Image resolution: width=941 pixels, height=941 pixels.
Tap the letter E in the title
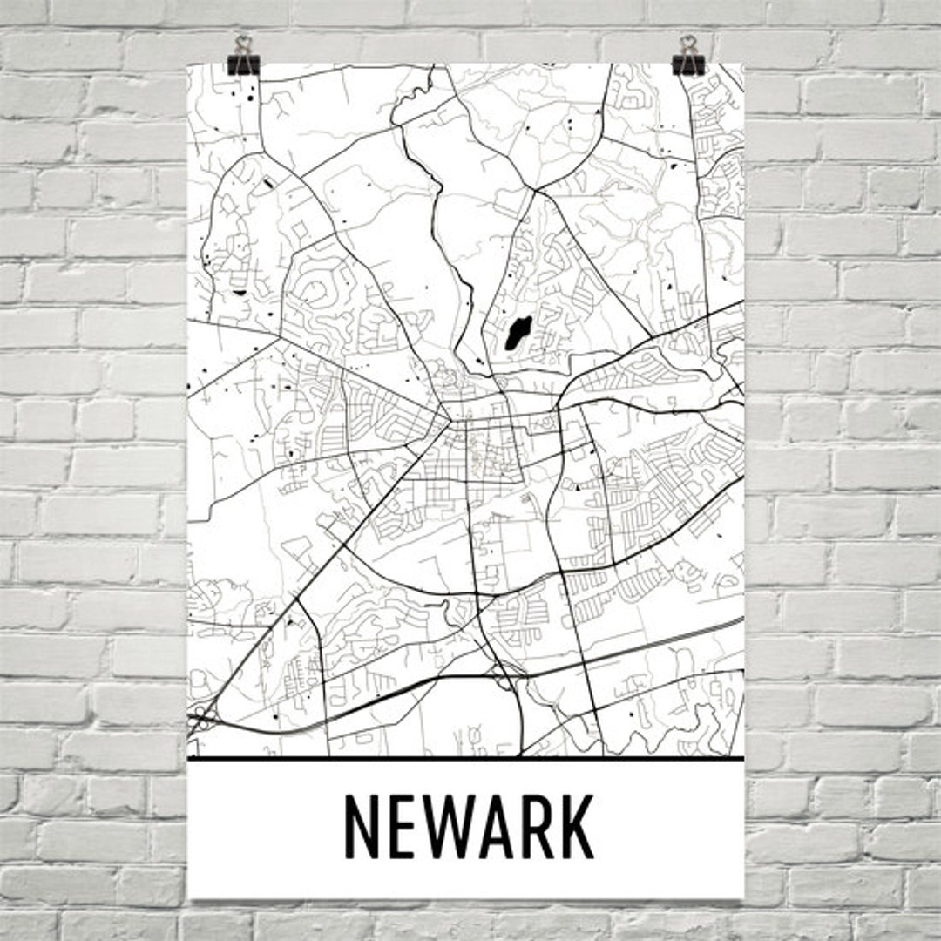[402, 826]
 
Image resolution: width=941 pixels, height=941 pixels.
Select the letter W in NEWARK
[447, 826]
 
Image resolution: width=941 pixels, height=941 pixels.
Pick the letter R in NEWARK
[536, 826]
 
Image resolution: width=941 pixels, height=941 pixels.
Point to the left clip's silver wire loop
[243, 44]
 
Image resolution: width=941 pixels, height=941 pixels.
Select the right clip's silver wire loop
[689, 44]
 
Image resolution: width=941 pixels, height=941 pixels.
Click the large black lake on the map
[518, 334]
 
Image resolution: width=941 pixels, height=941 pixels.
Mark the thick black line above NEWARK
[466, 759]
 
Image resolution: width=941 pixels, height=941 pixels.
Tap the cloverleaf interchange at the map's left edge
[202, 720]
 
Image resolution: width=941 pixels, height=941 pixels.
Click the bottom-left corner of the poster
[190, 897]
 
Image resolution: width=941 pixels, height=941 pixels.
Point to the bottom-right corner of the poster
[743, 897]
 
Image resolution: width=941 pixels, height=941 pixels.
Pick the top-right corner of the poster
[743, 64]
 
